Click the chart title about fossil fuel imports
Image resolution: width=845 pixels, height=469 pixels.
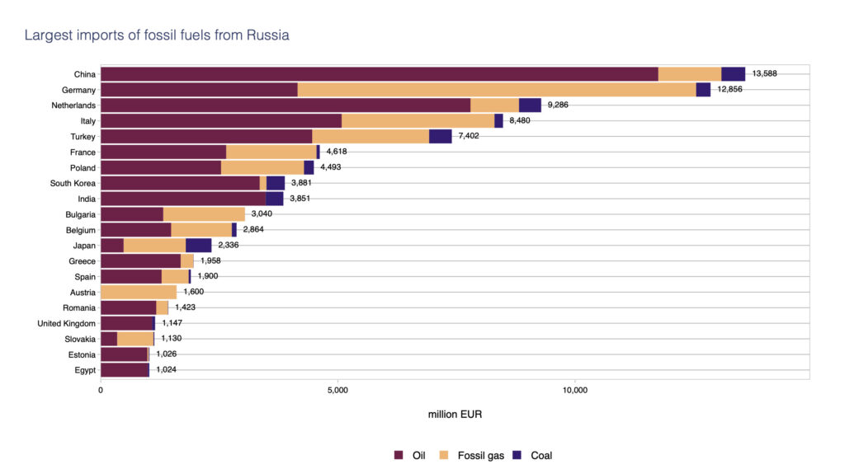[157, 35]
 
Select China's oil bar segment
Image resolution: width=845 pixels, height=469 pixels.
[379, 74]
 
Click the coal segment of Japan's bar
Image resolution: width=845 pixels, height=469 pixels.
[199, 246]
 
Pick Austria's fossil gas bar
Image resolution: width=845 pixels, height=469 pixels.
[139, 292]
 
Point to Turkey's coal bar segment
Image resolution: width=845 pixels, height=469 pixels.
[441, 137]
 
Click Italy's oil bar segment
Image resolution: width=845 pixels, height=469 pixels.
[220, 121]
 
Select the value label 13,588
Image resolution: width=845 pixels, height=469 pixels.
[764, 74]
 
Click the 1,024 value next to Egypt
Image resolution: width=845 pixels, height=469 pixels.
[166, 370]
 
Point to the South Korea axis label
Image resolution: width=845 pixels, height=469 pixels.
[73, 183]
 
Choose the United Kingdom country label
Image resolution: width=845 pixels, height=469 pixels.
[67, 323]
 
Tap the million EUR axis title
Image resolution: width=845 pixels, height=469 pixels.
[455, 415]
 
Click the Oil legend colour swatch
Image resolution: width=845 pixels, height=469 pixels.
[398, 455]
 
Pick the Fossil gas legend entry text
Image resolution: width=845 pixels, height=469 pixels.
[480, 455]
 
